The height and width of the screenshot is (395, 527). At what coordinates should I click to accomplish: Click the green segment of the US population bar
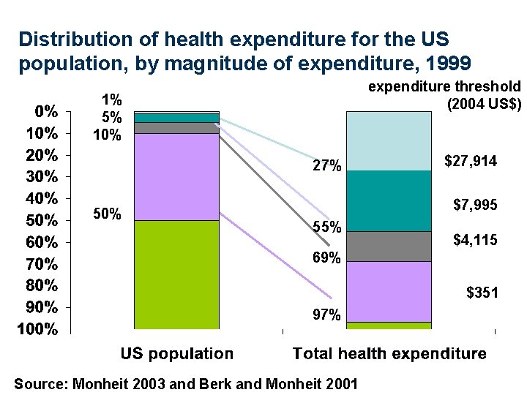177,274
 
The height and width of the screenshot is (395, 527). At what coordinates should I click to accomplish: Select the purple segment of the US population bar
177,177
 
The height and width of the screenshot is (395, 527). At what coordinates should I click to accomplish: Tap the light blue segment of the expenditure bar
389,141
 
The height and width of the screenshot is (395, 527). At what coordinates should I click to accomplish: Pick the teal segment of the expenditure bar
389,201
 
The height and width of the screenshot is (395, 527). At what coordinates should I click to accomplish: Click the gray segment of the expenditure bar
389,247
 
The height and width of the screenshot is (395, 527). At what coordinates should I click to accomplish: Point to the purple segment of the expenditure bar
389,292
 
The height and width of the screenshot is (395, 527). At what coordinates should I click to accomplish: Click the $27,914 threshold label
471,161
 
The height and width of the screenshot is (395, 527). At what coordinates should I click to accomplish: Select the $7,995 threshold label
475,205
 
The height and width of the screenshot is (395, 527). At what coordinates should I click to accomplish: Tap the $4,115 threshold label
475,240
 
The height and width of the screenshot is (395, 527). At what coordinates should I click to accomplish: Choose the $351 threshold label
482,293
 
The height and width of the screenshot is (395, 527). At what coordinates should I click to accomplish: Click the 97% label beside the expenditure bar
326,315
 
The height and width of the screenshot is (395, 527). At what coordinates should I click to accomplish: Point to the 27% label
327,165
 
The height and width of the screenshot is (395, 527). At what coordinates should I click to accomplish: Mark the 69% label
326,257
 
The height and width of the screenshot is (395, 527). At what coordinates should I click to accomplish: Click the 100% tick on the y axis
37,329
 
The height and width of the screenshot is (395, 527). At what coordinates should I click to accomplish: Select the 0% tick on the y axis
46,111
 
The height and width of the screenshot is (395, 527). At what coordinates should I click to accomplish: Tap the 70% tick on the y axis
42,264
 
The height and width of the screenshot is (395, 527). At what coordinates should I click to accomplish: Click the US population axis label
177,354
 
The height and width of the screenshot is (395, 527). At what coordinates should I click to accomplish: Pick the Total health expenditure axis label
389,354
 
